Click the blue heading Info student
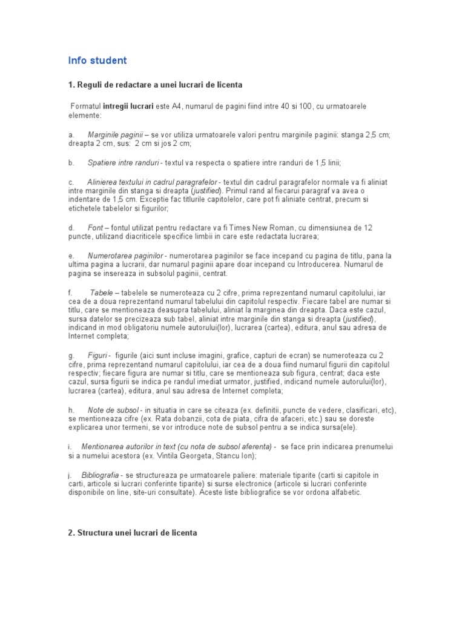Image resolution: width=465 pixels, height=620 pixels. point(97,61)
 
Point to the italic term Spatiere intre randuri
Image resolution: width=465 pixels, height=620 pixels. point(123,162)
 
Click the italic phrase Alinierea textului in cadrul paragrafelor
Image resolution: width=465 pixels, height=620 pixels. point(153,182)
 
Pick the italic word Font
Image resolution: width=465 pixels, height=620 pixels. point(95,228)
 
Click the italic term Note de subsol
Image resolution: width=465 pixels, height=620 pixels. point(113,410)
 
